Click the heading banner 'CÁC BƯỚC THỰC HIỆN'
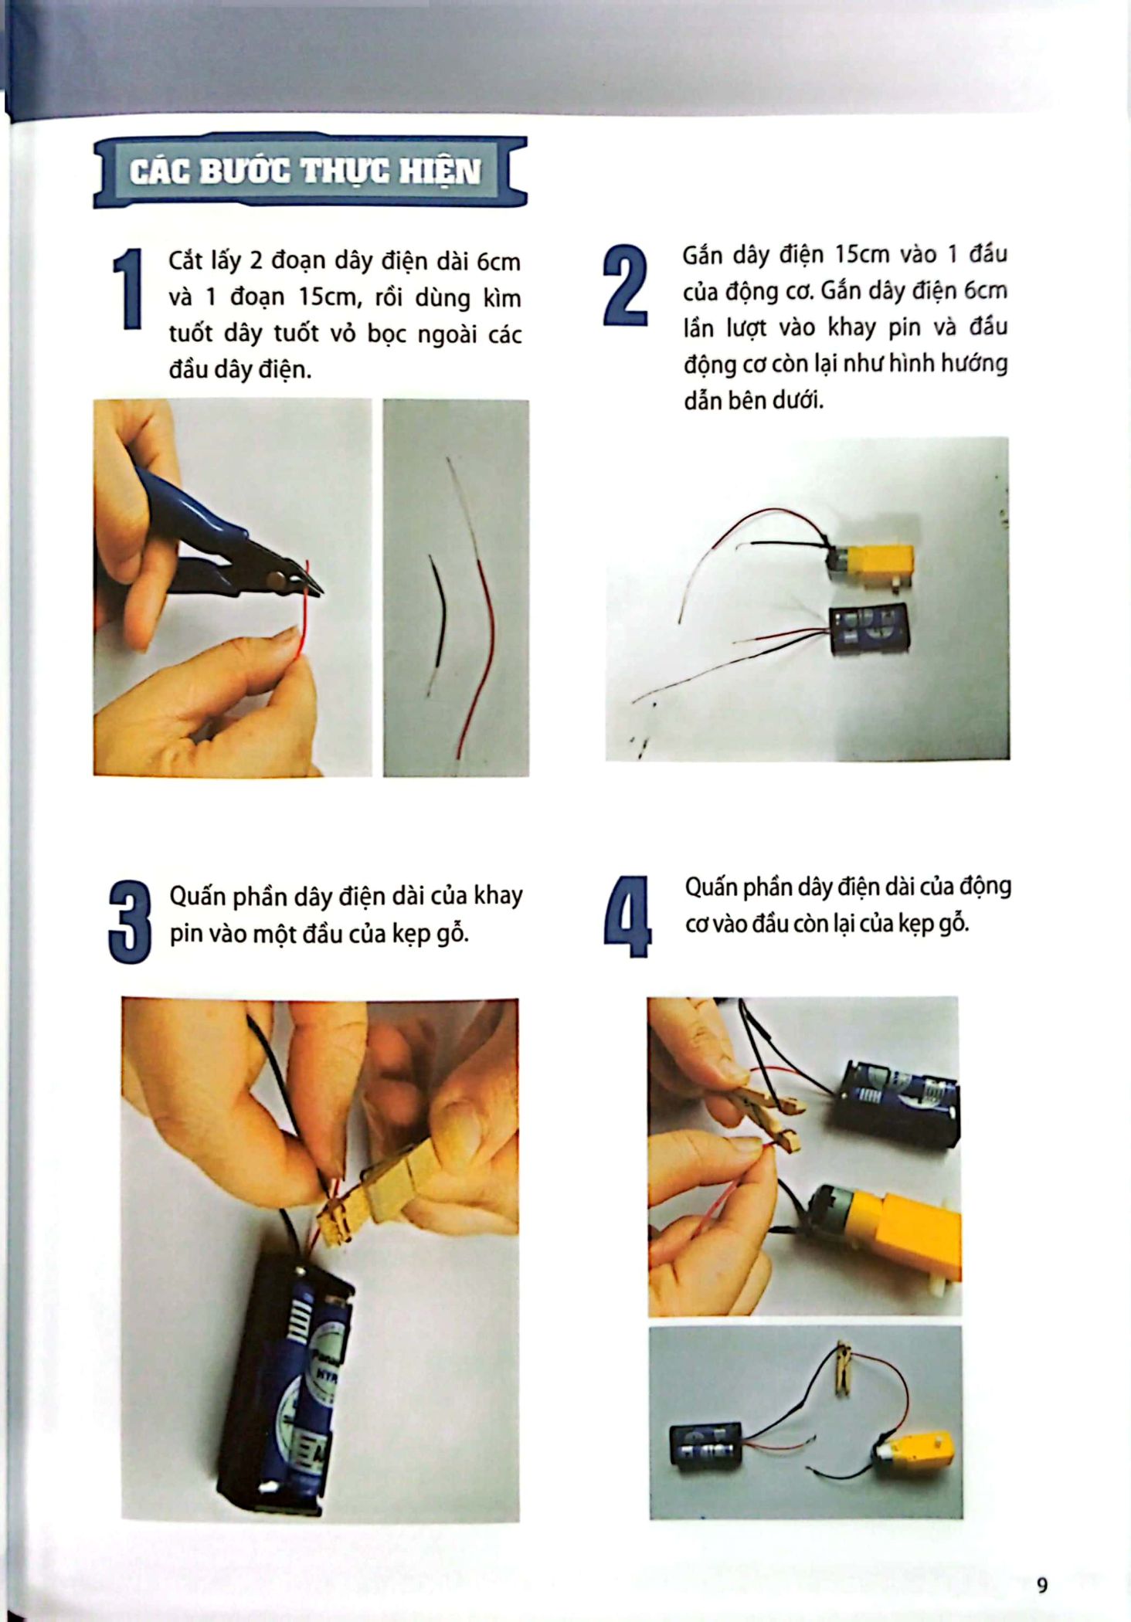(x=311, y=171)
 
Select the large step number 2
(x=625, y=285)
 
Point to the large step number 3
(x=130, y=922)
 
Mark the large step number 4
(x=627, y=917)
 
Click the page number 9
(x=1042, y=1586)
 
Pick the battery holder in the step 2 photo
(x=869, y=631)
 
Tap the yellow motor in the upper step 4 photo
(x=888, y=1236)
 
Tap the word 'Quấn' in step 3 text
(x=198, y=897)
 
